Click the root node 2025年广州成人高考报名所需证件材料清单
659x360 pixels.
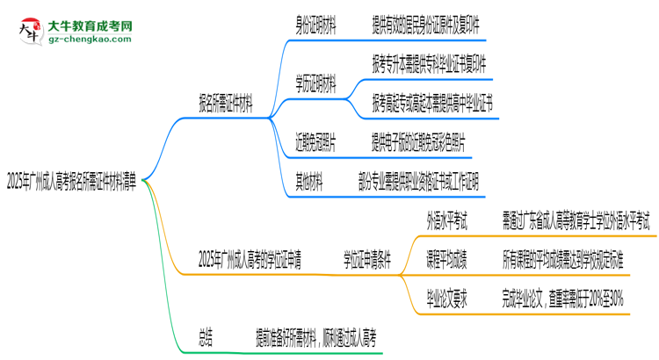pos(72,183)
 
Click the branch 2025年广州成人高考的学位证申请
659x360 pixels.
pos(250,259)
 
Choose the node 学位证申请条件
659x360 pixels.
pos(366,259)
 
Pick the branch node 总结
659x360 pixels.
pos(205,337)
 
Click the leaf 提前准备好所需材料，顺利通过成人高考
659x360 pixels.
pos(311,337)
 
